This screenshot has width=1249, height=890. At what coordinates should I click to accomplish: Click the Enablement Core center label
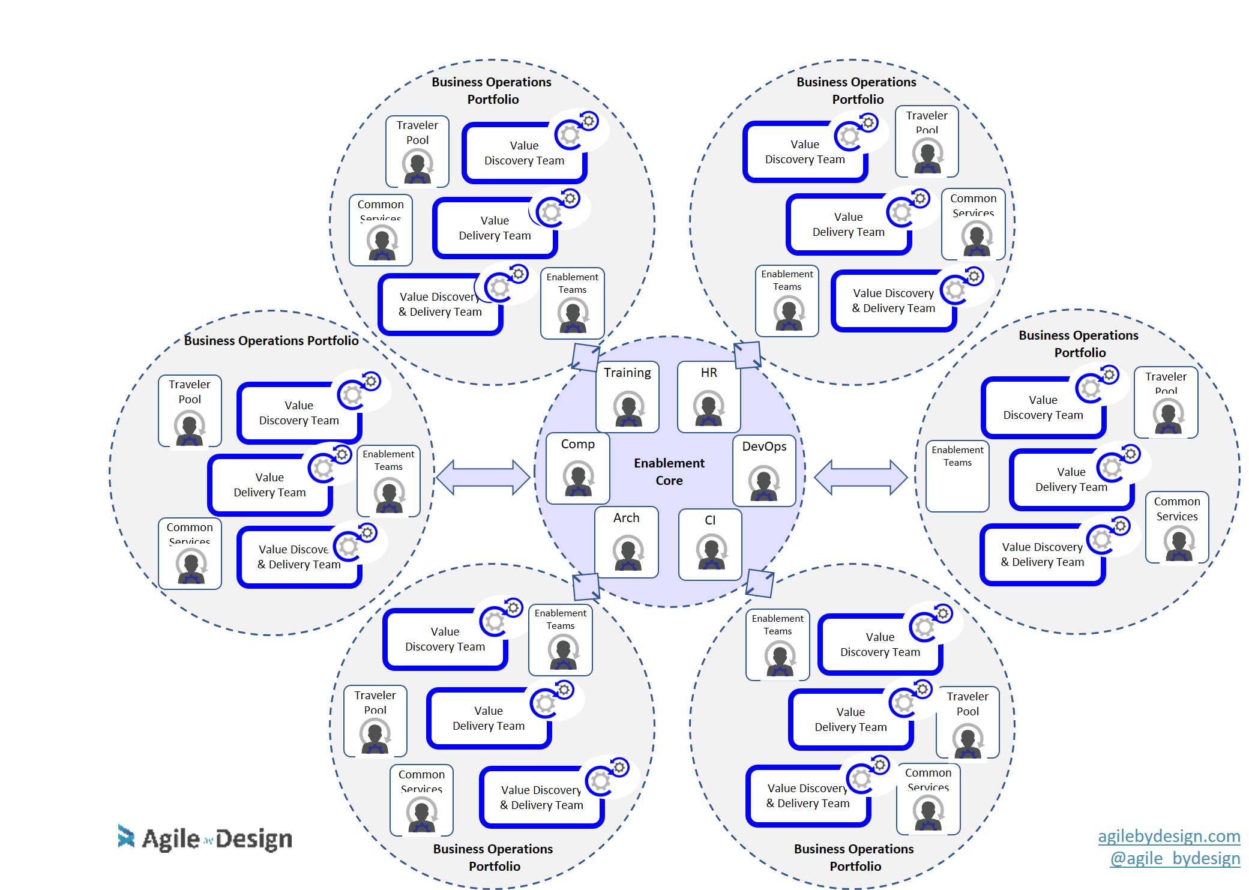(x=669, y=472)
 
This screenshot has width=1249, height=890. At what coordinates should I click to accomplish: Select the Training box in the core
(x=627, y=396)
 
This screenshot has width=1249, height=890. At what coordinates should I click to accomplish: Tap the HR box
(x=708, y=396)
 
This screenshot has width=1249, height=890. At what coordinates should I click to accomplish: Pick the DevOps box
(x=764, y=471)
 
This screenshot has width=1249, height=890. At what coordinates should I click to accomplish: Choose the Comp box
(x=577, y=468)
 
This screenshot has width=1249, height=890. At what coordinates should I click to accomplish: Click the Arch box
(x=626, y=542)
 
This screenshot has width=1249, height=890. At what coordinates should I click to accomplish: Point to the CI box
(x=710, y=544)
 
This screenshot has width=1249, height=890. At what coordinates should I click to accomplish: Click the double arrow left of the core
(x=483, y=477)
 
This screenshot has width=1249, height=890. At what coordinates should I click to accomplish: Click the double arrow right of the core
(x=861, y=477)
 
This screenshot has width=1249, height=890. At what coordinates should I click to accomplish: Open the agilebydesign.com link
(x=1169, y=835)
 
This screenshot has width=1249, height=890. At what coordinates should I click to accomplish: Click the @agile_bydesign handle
(x=1175, y=858)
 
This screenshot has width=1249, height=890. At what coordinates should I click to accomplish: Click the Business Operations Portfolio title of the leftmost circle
(x=271, y=340)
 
